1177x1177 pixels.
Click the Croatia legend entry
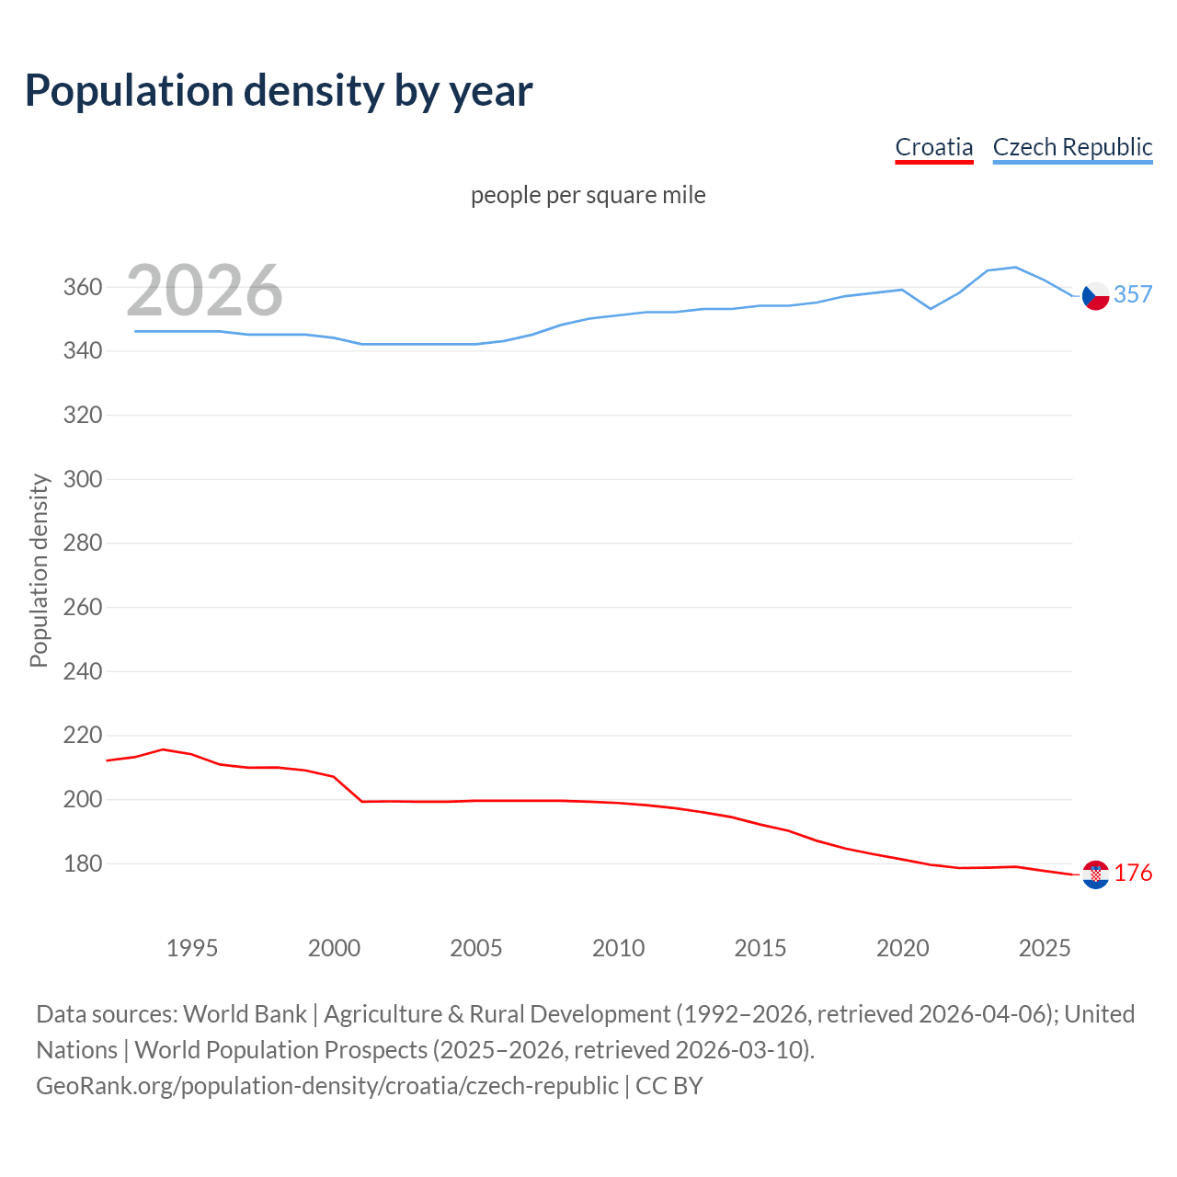[933, 147]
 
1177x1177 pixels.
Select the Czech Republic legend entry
[1072, 147]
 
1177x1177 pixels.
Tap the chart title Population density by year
[279, 91]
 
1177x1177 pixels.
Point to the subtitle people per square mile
[588, 195]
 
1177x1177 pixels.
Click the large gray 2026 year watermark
[204, 291]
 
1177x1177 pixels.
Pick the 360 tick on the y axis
[82, 288]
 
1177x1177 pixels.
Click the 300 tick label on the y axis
[82, 479]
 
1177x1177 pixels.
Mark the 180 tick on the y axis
[82, 863]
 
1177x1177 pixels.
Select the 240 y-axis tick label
[82, 671]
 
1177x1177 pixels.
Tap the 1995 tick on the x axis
[191, 948]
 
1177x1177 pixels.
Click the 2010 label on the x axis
[618, 948]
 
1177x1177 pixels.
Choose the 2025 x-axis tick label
[1045, 948]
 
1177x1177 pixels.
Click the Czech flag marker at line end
[1095, 296]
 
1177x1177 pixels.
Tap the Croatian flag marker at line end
[1095, 874]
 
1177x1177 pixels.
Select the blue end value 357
[1133, 294]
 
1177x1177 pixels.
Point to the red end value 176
[1133, 873]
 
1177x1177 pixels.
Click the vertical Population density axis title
[39, 570]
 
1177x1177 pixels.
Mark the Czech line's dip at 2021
[931, 308]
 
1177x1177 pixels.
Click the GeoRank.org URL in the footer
[326, 1086]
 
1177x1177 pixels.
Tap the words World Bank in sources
[245, 1014]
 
